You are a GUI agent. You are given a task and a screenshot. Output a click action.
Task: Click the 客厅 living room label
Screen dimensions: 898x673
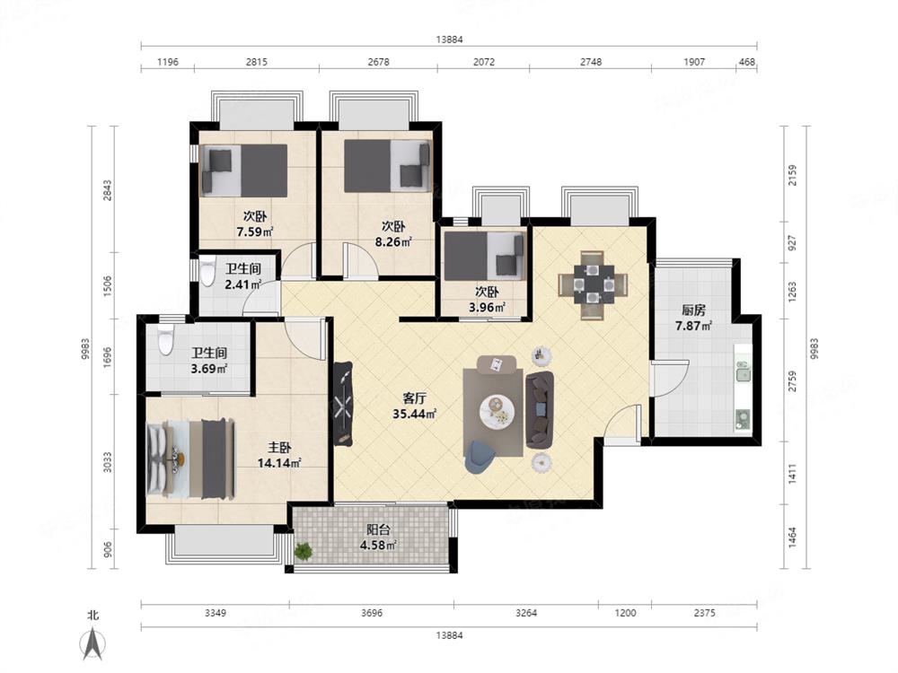click(x=415, y=398)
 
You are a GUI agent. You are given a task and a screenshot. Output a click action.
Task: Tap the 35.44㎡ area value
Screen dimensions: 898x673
click(x=415, y=414)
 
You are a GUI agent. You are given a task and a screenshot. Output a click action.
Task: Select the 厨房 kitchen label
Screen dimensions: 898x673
click(x=693, y=310)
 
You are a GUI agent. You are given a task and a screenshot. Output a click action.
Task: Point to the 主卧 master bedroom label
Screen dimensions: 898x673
click(x=279, y=448)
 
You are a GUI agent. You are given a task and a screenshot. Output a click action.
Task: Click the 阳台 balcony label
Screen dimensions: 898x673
click(x=378, y=529)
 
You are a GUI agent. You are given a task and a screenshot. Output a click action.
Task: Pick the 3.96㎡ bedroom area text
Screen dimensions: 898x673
click(x=487, y=308)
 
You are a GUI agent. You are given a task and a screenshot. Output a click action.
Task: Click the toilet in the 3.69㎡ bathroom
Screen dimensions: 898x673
click(x=165, y=341)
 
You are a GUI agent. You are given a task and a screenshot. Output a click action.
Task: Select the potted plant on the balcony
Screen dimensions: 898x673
click(x=303, y=552)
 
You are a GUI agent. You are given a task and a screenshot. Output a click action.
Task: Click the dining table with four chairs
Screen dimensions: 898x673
click(x=593, y=284)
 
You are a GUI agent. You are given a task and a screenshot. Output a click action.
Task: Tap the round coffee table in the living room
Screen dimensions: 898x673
click(x=497, y=410)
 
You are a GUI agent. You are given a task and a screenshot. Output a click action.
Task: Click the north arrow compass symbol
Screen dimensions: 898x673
click(x=92, y=643)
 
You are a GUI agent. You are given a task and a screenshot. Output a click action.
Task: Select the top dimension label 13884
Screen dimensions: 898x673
click(x=449, y=39)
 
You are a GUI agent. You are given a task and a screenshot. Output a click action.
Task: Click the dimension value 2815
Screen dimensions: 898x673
click(x=257, y=62)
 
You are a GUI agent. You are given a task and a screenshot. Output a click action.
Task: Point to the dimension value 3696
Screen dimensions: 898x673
click(x=372, y=613)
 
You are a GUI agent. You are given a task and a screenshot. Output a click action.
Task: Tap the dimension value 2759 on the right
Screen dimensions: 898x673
click(x=793, y=381)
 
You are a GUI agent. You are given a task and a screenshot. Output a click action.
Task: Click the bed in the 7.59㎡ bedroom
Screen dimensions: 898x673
click(x=243, y=170)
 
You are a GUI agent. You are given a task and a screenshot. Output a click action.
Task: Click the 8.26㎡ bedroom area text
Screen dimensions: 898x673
click(x=394, y=242)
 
